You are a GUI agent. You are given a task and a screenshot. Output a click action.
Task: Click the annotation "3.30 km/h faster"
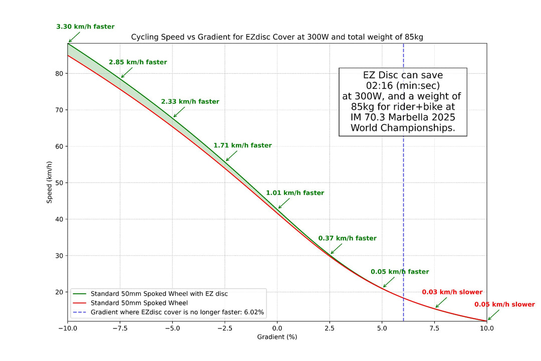(86, 27)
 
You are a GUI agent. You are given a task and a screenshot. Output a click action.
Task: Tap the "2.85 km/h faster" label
(138, 62)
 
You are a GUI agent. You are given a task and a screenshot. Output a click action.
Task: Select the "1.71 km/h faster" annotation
(242, 145)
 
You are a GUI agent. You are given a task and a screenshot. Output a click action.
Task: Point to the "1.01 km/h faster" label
(295, 193)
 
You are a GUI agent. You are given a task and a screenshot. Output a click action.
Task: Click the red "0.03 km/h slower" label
(452, 292)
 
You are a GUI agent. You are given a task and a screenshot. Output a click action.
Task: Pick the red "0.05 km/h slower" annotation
(504, 304)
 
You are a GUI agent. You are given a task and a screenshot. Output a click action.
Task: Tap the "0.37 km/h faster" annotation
(347, 238)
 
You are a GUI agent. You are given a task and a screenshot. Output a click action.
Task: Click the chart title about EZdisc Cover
(277, 37)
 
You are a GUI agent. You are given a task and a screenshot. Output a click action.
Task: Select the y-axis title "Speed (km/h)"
(50, 183)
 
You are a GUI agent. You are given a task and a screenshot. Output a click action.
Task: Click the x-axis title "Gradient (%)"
(277, 337)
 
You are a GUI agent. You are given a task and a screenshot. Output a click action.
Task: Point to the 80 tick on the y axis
(58, 74)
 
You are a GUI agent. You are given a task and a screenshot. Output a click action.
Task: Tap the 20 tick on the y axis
(58, 292)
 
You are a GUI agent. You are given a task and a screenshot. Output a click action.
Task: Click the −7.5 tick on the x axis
(120, 328)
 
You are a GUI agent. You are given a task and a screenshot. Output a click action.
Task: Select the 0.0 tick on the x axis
(277, 328)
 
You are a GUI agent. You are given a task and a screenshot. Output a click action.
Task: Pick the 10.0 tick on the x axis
(486, 328)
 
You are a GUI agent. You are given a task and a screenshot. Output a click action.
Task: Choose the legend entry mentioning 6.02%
(177, 312)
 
